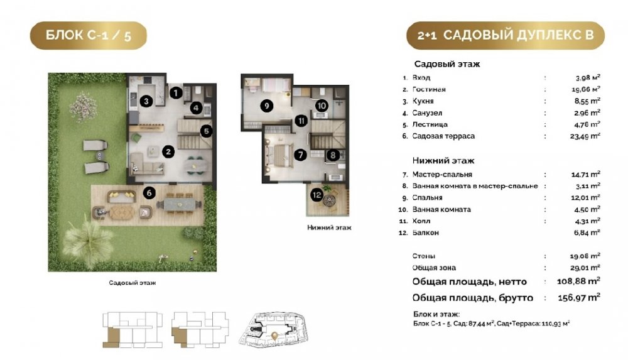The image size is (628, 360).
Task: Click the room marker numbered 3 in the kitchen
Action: click(x=146, y=101)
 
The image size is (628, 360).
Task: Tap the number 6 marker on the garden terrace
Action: click(x=149, y=193)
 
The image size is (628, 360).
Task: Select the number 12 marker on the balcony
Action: click(x=317, y=195)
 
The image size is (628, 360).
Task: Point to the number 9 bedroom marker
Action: click(x=266, y=106)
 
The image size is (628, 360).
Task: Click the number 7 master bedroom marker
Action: click(x=300, y=155)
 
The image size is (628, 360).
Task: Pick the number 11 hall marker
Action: click(x=301, y=121)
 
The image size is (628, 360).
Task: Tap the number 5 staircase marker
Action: click(x=206, y=131)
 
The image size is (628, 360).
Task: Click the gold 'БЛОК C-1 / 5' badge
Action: click(x=89, y=36)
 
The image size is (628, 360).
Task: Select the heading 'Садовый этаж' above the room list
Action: click(x=447, y=64)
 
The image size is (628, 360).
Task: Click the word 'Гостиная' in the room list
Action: click(x=429, y=89)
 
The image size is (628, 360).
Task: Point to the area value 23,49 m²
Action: click(x=585, y=136)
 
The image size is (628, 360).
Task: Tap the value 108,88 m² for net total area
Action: click(x=578, y=281)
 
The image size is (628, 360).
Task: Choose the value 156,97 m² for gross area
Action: click(x=579, y=297)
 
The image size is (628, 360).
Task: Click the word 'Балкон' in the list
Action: click(x=426, y=232)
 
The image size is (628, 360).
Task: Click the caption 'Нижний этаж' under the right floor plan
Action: click(x=329, y=227)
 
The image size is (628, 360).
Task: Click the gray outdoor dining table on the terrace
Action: click(x=179, y=204)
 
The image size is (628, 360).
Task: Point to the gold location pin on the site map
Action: click(x=274, y=335)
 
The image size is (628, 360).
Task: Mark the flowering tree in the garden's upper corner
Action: click(x=84, y=106)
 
